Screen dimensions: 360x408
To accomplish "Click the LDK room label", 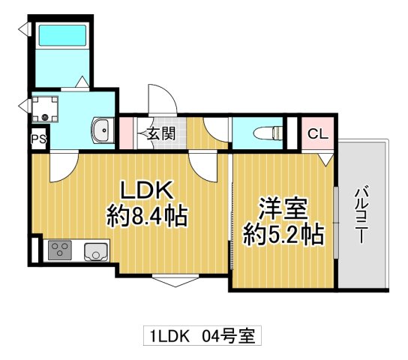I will click(147, 190).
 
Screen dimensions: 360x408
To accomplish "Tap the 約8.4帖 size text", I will click(147, 217).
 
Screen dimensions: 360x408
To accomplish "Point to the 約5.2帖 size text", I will click(284, 235).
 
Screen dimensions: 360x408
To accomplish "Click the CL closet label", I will click(317, 135).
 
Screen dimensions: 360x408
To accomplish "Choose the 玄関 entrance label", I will click(160, 135).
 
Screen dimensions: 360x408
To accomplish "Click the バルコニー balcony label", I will click(361, 213).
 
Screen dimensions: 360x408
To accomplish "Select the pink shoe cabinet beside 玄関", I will click(126, 134).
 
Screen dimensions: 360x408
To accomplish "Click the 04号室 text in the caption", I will click(228, 335).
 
